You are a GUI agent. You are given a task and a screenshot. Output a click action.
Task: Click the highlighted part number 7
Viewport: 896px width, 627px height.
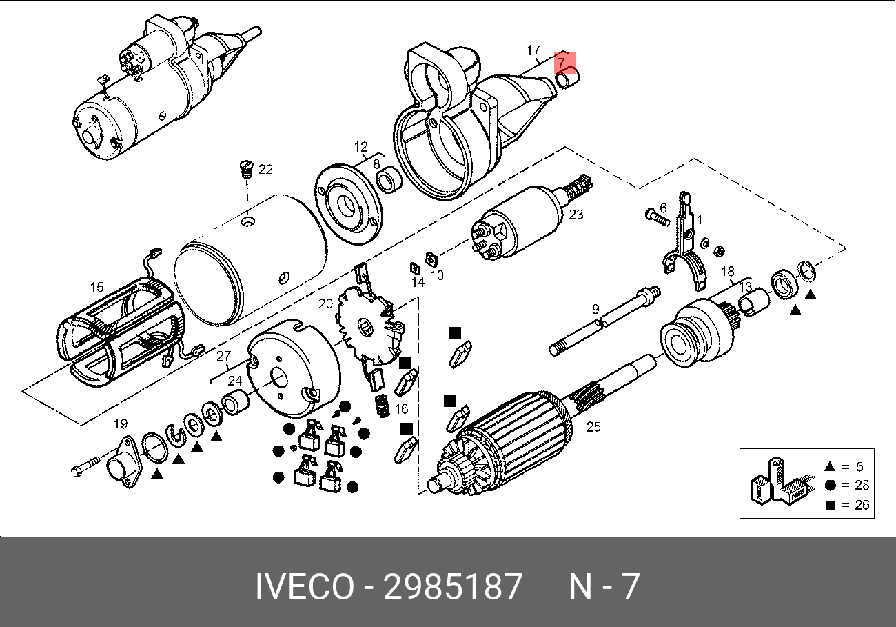tap(562, 63)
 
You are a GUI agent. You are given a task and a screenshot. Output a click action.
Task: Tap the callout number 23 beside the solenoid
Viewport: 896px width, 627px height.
tap(576, 215)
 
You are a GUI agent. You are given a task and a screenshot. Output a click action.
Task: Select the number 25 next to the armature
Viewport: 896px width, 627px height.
tap(593, 427)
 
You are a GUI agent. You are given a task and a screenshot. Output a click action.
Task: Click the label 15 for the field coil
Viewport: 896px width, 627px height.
tap(96, 288)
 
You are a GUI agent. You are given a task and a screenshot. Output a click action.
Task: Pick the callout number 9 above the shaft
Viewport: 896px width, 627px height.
tap(595, 310)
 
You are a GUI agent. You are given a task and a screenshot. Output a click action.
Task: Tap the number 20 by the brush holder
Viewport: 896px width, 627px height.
tap(325, 303)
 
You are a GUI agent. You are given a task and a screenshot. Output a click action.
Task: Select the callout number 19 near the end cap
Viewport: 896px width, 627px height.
tap(121, 424)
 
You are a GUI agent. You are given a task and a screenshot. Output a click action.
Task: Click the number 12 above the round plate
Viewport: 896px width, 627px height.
tap(361, 147)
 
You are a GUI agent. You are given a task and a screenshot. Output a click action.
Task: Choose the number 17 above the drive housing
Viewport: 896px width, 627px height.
tap(533, 50)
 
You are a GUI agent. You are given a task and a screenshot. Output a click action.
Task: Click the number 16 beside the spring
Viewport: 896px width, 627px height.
tap(402, 409)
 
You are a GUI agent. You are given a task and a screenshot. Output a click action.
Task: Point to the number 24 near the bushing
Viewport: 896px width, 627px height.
tap(235, 381)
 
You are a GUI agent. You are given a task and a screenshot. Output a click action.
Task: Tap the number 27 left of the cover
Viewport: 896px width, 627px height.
tap(223, 357)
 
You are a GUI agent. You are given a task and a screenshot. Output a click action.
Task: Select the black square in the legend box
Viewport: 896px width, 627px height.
tap(830, 505)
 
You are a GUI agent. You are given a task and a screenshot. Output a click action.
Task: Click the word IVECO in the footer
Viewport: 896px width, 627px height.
tap(304, 587)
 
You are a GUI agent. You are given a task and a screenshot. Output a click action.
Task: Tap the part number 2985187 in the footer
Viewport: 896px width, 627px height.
tap(453, 587)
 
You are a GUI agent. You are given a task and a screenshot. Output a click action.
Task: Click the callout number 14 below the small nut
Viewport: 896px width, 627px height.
tap(418, 282)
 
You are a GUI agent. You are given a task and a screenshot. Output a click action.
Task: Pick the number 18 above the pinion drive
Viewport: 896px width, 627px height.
tap(728, 271)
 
